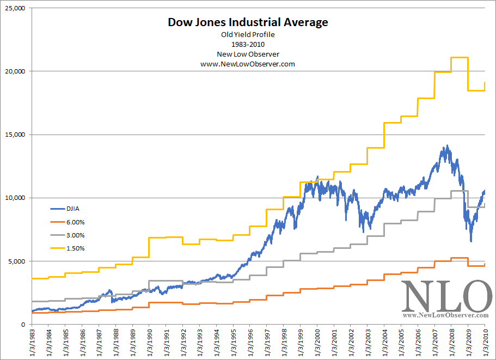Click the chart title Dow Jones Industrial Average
coord(248,22)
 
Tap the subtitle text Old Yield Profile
coord(248,35)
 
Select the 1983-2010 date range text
coord(248,44)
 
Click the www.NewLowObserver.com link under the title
coord(248,64)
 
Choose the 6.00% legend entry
coord(75,221)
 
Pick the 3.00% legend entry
coord(75,235)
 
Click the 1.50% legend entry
coord(75,248)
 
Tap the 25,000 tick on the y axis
coord(14,8)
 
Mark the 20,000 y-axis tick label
coord(14,71)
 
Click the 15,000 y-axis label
coord(14,135)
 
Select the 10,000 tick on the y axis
coord(14,198)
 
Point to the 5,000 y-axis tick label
coord(16,261)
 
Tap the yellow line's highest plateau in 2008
coord(460,57)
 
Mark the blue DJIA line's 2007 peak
coord(448,146)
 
